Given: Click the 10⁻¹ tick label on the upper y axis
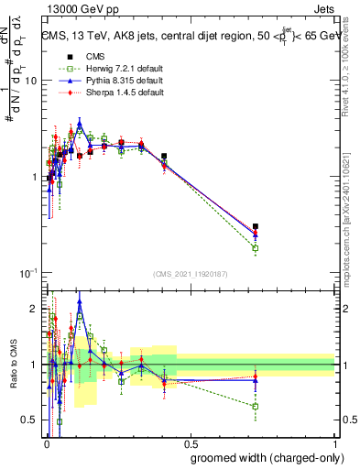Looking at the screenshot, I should pyautogui.click(x=27, y=273).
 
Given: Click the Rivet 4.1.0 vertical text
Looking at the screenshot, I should pyautogui.click(x=349, y=73).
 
